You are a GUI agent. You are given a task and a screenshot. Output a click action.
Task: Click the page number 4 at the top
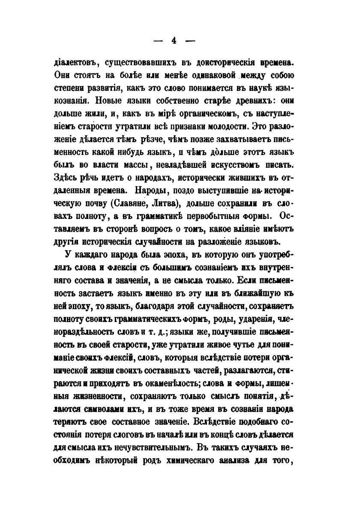[x=174, y=41]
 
